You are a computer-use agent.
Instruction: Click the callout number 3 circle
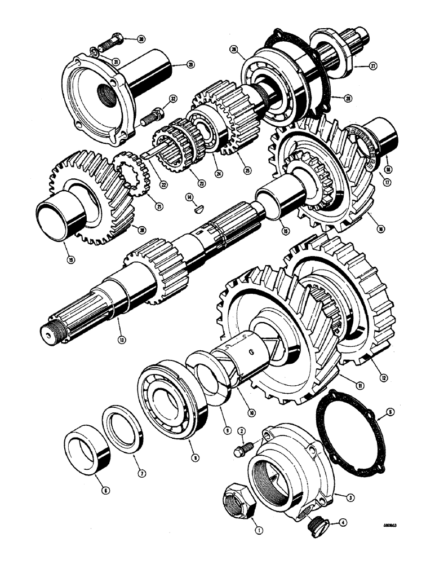click(351, 497)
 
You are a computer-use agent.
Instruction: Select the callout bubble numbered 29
click(175, 65)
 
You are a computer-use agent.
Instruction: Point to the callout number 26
click(233, 50)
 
